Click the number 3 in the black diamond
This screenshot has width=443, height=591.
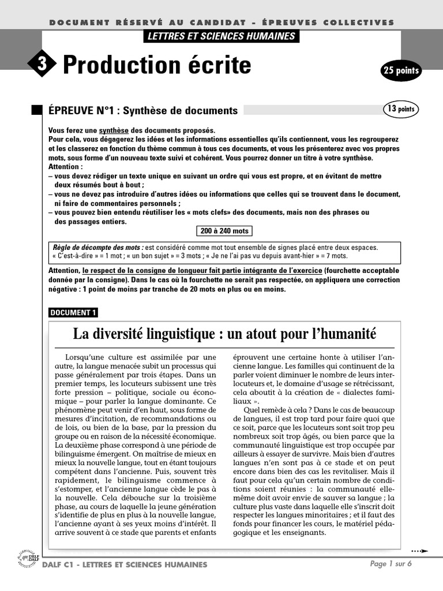point(41,65)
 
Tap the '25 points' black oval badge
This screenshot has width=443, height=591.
point(401,71)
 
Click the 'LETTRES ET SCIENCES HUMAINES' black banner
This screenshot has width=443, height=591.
point(221,36)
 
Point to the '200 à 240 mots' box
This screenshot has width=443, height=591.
point(224,231)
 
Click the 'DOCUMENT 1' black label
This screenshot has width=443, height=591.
point(73,313)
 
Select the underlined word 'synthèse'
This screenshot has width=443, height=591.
point(114,130)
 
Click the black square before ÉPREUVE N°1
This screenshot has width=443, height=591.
point(37,110)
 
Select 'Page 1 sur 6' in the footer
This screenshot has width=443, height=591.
point(391,564)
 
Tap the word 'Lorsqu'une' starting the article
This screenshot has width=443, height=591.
point(87,357)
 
